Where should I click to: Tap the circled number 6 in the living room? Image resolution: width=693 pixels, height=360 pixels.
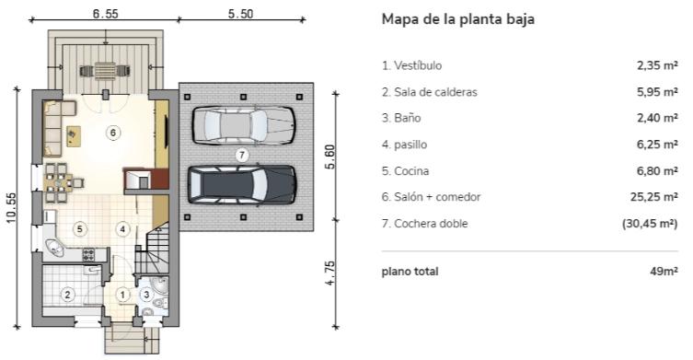pos(112,133)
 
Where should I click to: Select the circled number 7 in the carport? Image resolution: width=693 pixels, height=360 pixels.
pos(241,154)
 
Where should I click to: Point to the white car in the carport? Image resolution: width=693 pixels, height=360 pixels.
pos(243,124)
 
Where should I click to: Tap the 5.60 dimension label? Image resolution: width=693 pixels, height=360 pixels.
pos(330,157)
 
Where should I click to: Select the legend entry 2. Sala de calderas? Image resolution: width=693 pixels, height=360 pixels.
pos(429,92)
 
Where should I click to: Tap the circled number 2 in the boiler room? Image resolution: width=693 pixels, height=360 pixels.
pos(67,295)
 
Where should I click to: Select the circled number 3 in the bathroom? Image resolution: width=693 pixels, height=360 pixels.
pos(147,294)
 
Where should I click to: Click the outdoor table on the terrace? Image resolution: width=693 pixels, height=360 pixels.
pos(105,69)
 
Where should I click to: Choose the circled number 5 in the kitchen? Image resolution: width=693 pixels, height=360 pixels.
pos(80,227)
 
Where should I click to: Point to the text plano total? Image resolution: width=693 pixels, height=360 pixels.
pos(410,272)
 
